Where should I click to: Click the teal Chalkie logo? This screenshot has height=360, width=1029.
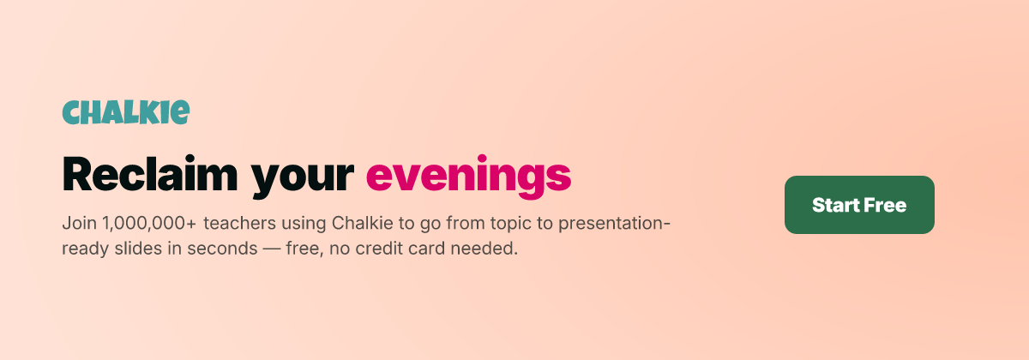point(125,112)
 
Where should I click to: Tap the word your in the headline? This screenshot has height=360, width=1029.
point(302,179)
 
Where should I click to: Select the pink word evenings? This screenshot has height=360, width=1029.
point(468,177)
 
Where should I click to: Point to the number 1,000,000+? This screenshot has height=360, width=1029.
point(149,224)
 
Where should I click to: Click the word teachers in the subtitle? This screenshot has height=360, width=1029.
point(240,223)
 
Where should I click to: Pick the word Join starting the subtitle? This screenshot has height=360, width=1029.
point(79,223)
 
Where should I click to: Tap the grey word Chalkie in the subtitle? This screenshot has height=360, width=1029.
point(363,223)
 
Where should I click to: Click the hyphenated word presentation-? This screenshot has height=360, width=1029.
point(614,224)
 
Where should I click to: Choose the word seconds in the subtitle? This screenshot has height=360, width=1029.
point(222,249)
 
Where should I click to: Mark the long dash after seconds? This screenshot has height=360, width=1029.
point(272,249)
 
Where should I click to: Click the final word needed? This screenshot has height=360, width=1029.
point(484,249)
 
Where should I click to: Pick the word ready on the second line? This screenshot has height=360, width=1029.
point(86,249)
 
